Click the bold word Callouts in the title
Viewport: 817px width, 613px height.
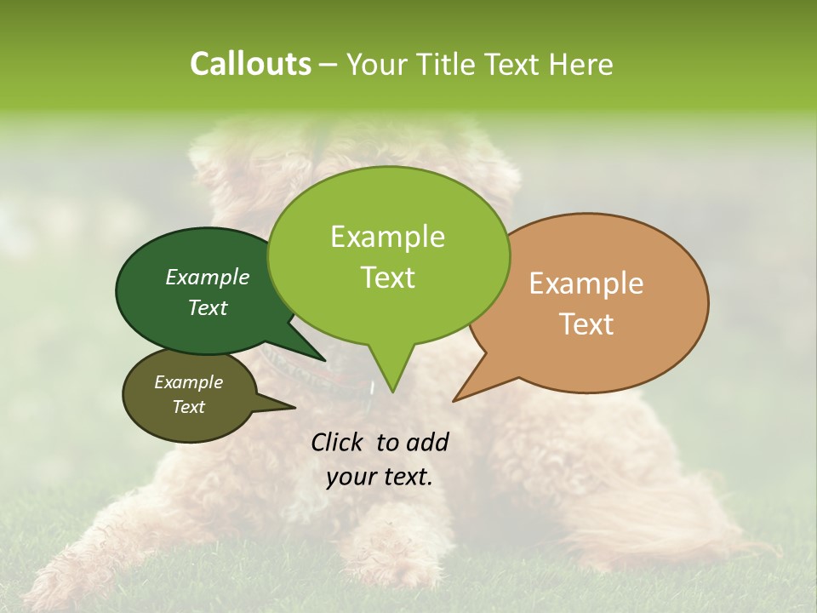[250, 64]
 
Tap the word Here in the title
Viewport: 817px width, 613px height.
[581, 64]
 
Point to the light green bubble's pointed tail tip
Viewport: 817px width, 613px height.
[392, 391]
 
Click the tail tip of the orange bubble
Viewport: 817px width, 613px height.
[455, 400]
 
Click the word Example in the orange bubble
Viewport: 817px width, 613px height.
[586, 284]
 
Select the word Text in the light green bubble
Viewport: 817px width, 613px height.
[388, 278]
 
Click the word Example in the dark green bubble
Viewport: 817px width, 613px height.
[208, 277]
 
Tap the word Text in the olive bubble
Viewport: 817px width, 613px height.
[189, 407]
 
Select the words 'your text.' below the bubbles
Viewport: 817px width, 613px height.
[380, 477]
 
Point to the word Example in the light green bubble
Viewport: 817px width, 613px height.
[387, 237]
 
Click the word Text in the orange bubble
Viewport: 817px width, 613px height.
[587, 324]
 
